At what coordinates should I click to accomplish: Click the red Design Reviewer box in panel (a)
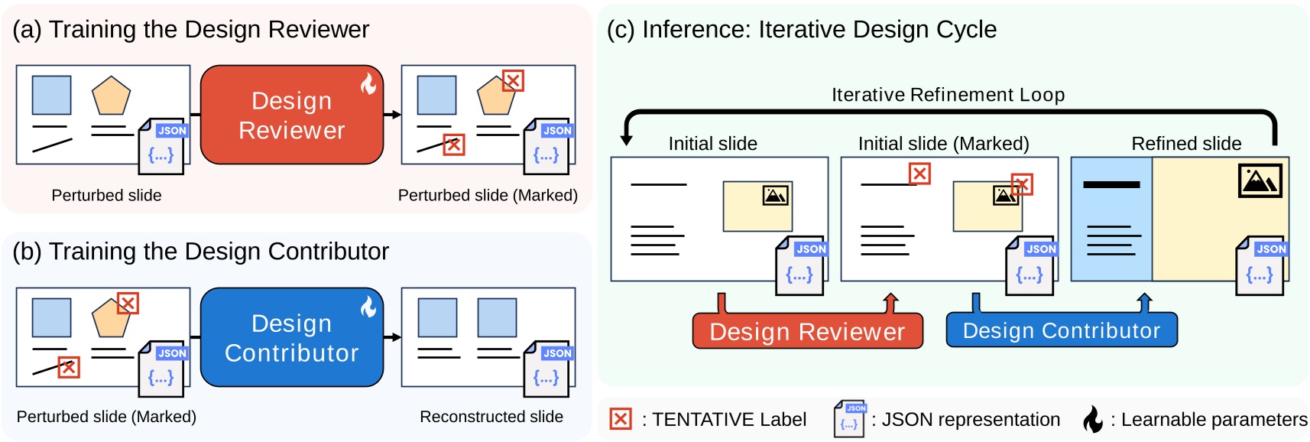click(x=291, y=115)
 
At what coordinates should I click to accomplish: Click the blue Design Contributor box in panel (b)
click(x=291, y=337)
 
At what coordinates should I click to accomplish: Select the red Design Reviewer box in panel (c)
click(x=807, y=331)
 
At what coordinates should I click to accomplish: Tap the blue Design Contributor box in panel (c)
click(x=1061, y=330)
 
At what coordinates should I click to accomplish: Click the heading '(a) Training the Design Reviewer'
click(x=190, y=29)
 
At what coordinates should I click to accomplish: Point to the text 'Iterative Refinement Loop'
click(x=948, y=95)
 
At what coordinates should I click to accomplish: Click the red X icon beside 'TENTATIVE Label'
click(x=620, y=419)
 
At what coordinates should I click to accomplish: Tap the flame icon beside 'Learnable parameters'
click(x=1093, y=418)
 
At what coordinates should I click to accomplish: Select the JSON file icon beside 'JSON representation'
click(x=849, y=418)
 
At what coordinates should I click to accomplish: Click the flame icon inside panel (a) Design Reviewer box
click(x=368, y=83)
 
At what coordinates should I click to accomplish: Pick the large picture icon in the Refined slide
click(x=1260, y=180)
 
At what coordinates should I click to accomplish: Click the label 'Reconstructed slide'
click(x=491, y=417)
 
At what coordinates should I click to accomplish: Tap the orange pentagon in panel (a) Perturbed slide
click(x=111, y=96)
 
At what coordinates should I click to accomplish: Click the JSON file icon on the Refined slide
click(x=1260, y=265)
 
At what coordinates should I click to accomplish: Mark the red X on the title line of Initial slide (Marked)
click(x=919, y=174)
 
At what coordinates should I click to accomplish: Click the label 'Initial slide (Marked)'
click(x=943, y=144)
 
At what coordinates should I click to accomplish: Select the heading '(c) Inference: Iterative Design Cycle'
click(x=801, y=29)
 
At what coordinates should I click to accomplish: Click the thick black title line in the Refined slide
click(x=1111, y=184)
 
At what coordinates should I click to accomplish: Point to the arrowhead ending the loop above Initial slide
click(x=626, y=140)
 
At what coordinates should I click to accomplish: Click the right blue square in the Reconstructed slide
click(x=497, y=317)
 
